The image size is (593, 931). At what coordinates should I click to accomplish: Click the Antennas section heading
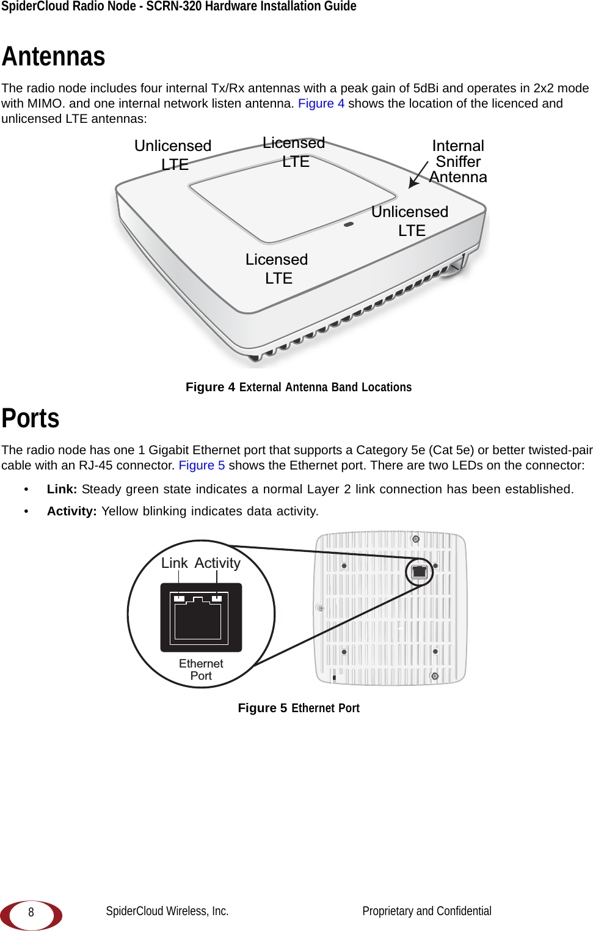point(54,57)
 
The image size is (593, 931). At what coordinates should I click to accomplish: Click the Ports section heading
point(31,419)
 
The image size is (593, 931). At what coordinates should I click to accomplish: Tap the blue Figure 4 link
point(321,103)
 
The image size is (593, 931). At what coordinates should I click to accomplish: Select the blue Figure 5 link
point(202,465)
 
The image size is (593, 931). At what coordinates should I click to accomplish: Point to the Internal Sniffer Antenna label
point(458,161)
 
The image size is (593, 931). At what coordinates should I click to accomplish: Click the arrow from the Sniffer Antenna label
point(418,174)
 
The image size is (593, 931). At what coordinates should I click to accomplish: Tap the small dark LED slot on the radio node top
point(349,224)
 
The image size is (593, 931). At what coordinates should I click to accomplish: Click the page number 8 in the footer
point(31,912)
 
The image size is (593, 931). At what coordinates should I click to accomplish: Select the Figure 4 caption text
point(299,387)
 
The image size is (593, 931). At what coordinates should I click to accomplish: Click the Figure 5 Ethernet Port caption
point(299,708)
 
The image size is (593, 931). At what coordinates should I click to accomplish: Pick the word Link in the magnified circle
point(174,563)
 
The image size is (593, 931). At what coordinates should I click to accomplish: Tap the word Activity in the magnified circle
point(217,563)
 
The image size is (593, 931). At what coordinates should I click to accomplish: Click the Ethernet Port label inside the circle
point(201,669)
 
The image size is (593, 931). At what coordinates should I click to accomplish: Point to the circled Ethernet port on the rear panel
point(420,572)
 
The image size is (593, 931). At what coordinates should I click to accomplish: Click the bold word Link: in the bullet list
point(62,489)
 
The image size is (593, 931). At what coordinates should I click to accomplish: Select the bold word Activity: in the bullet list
point(71,511)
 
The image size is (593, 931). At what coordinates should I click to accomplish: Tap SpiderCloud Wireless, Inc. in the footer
point(167,911)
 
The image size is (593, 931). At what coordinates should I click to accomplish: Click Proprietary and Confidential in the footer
point(426,911)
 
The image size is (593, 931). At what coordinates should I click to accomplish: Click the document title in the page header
point(179,7)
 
